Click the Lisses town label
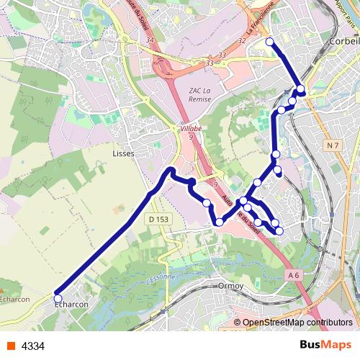[124, 153]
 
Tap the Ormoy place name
[230, 286]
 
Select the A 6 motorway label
[293, 275]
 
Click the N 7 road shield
[331, 146]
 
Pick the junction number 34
[150, 40]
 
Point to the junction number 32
[241, 41]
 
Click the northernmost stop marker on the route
[270, 42]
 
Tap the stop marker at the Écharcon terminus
[58, 298]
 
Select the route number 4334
[33, 346]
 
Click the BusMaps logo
[326, 346]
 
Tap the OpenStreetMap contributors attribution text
[297, 323]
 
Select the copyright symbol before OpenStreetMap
[238, 323]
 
